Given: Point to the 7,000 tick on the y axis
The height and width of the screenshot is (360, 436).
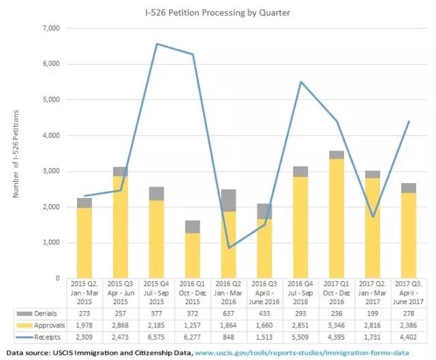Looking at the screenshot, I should point(51,29).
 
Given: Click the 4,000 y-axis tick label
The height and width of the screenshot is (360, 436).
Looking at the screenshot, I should point(51,135).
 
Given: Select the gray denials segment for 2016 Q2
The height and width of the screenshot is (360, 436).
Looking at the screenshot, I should point(230,200).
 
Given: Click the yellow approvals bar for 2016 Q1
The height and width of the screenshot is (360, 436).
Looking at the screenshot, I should point(193,256).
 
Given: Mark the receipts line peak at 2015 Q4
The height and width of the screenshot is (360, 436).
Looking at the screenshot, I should point(157,44).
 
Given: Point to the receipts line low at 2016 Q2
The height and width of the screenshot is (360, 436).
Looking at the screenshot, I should point(230,248).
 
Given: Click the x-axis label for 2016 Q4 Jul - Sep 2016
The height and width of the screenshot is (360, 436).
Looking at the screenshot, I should point(302,291).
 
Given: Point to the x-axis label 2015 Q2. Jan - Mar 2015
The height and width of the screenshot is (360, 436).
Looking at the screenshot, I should point(84,291).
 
